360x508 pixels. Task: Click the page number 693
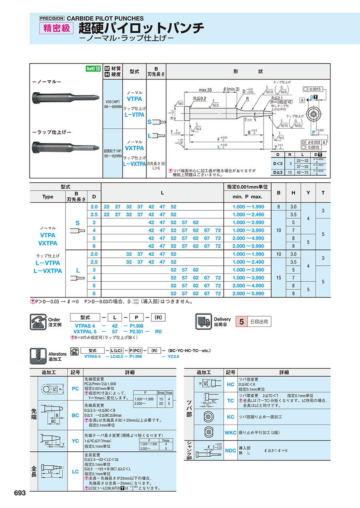20,493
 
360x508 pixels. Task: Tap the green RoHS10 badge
93,68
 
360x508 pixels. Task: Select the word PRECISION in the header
52,18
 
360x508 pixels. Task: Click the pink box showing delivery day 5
241,321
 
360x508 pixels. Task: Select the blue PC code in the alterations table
75,388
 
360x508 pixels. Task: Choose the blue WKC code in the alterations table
230,432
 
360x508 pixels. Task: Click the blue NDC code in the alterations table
230,450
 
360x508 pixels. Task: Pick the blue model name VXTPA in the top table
134,148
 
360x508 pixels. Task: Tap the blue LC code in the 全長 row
75,472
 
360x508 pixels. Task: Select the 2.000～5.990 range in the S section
248,246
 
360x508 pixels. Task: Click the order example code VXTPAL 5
85,331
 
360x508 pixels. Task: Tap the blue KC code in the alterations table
230,417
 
